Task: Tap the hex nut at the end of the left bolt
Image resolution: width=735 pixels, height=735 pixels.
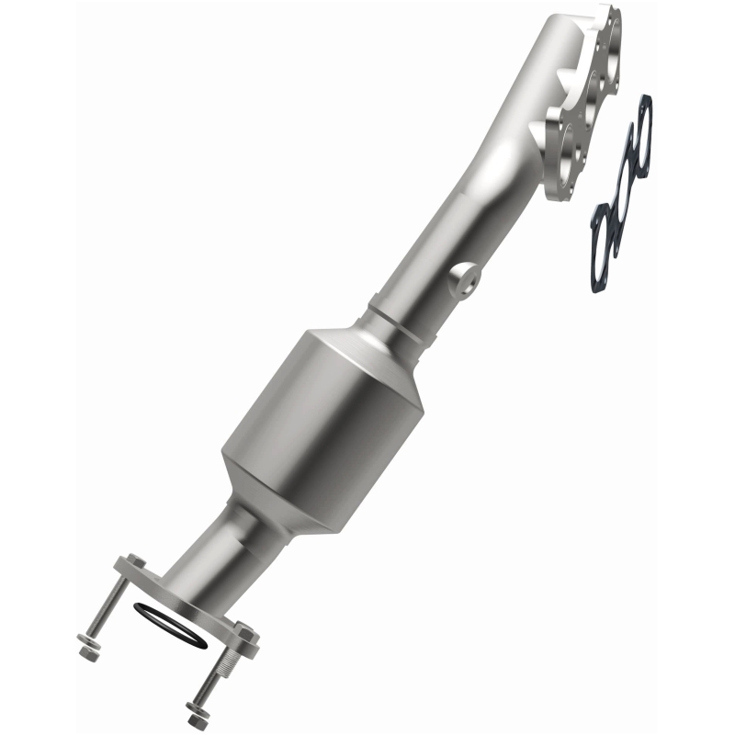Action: pos(89,651)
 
